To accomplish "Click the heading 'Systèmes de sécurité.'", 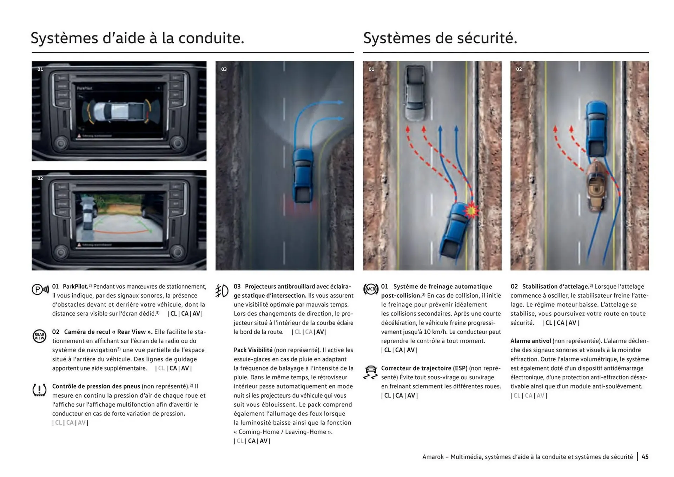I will pos(440,38).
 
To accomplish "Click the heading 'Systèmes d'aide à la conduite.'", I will pos(137,38).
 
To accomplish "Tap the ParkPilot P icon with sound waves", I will pos(40,290).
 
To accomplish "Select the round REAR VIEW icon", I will pos(39,336).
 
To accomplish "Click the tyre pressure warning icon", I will pos(39,390).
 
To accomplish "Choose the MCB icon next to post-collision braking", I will pos(371,289).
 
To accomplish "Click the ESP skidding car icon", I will pos(370,372).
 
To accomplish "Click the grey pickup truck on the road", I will pos(415,93).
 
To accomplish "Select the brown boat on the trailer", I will pos(595,186).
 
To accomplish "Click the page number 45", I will pos(645,457).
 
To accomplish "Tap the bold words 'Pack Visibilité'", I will pos(253,350).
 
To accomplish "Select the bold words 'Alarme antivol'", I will pos(530,341).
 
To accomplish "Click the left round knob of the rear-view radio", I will pos(61,252).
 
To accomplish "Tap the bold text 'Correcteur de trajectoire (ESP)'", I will pos(424,368).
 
